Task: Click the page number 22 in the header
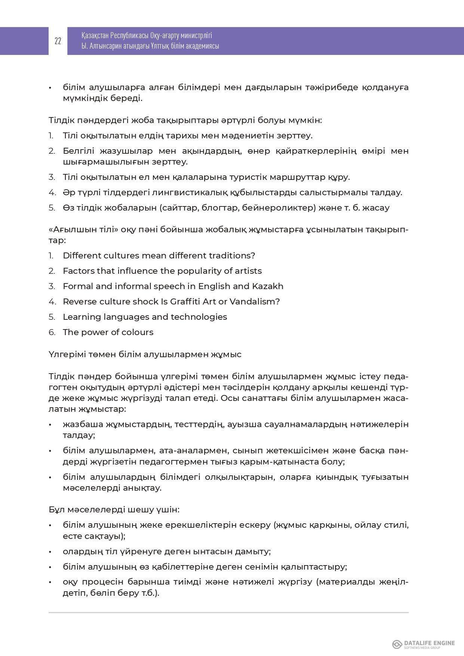tap(58, 41)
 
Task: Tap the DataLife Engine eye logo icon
tap(397, 644)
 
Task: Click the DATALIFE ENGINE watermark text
tap(429, 643)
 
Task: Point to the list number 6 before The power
tap(52, 332)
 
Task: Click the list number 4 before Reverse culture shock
tap(52, 301)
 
